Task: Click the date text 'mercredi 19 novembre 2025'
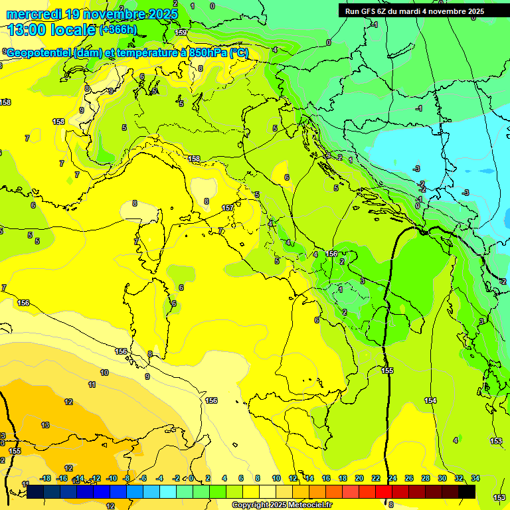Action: tap(92, 14)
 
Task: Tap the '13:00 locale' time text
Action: tap(52, 30)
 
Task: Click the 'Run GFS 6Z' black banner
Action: tap(415, 11)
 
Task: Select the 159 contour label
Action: tap(180, 32)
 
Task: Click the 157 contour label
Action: tap(228, 208)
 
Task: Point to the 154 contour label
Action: tap(430, 400)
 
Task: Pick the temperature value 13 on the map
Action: tap(45, 424)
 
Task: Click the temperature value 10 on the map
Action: tap(104, 373)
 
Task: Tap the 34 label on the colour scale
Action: tap(475, 478)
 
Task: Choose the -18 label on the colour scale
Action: tap(46, 478)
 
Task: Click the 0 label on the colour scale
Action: tap(191, 478)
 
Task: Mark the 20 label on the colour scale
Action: tap(359, 478)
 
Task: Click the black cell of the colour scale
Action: tap(467, 491)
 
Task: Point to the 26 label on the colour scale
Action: tap(409, 478)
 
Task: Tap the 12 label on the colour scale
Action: tap(293, 478)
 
